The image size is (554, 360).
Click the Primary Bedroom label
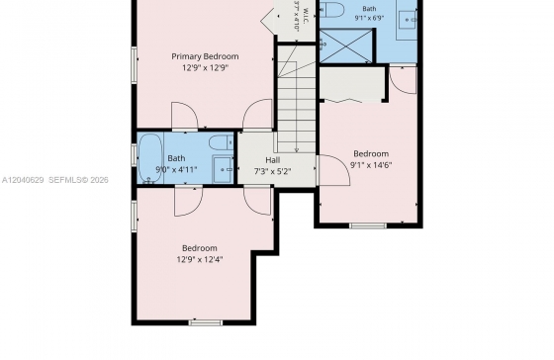pyautogui.click(x=205, y=56)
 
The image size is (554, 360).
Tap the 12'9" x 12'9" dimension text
pyautogui.click(x=206, y=67)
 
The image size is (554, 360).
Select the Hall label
pyautogui.click(x=273, y=160)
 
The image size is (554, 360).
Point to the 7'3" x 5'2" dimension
pyautogui.click(x=273, y=171)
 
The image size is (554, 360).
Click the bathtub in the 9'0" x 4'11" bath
pyautogui.click(x=150, y=158)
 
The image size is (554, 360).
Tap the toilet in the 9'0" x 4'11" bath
pyautogui.click(x=222, y=142)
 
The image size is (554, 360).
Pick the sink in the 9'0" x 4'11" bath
pyautogui.click(x=223, y=169)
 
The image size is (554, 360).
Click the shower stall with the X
pyautogui.click(x=346, y=45)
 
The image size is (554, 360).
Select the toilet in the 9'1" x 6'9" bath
pyautogui.click(x=332, y=10)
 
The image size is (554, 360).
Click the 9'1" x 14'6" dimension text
pyautogui.click(x=371, y=165)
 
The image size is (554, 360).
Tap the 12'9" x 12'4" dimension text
pyautogui.click(x=200, y=260)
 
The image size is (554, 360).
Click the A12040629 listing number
pyautogui.click(x=23, y=180)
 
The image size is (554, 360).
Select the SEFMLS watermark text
pyautogui.click(x=78, y=180)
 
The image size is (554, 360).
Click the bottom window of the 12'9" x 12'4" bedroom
pyautogui.click(x=206, y=322)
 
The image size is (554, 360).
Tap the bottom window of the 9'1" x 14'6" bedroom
pyautogui.click(x=368, y=225)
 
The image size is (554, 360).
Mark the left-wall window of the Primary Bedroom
pyautogui.click(x=135, y=65)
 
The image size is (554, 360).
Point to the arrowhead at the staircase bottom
pyautogui.click(x=297, y=150)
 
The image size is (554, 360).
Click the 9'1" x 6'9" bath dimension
pyautogui.click(x=369, y=18)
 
